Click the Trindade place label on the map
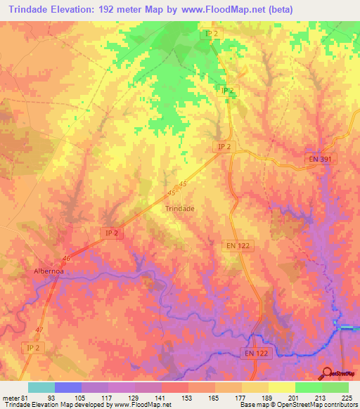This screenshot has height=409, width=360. (x=179, y=209)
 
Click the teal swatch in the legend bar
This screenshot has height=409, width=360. (x=41, y=387)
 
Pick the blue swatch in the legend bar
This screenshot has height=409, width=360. (x=68, y=387)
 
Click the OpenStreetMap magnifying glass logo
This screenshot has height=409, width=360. (x=327, y=372)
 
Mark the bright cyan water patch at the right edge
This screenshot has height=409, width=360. (x=349, y=327)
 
